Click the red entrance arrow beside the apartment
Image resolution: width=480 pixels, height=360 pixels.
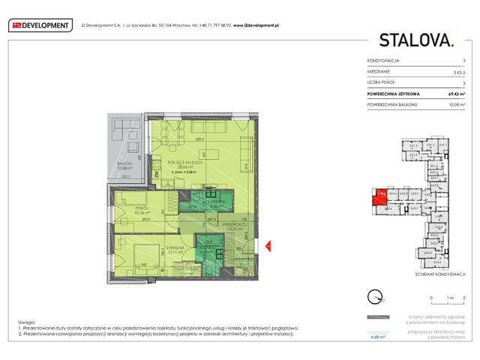tap(268, 244)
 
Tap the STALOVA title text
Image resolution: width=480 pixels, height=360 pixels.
tap(416, 40)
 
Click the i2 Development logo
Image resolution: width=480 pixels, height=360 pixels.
tap(41, 25)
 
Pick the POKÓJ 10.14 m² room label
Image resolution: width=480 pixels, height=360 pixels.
tap(142, 209)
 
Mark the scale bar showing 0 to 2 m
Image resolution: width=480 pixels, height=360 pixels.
tap(448, 302)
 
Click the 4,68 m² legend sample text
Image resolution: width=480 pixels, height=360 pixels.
tap(378, 337)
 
